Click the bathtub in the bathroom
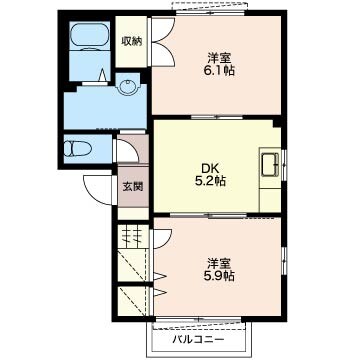point(90,36)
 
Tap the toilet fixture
point(76,149)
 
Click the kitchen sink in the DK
point(270,165)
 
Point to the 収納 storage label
point(131,41)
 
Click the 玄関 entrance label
point(133,187)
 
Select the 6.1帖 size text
point(219,71)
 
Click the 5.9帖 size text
point(219,276)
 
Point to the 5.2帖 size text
point(210,181)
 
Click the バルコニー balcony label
point(198,340)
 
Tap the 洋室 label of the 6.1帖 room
point(219,58)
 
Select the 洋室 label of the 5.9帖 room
point(219,264)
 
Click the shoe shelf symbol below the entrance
point(133,236)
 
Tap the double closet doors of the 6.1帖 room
point(163,42)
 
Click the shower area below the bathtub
point(90,66)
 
